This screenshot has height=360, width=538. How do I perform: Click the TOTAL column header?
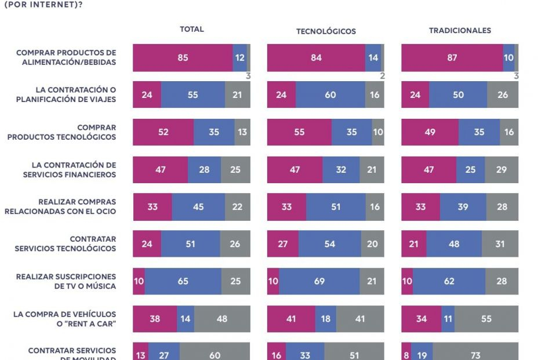tap(191, 29)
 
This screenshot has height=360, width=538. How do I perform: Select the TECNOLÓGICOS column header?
tap(326, 31)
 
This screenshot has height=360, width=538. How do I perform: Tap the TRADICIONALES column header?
tap(460, 30)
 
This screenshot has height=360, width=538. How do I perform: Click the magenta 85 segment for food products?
tap(183, 57)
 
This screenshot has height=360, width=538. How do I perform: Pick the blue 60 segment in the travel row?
tap(330, 94)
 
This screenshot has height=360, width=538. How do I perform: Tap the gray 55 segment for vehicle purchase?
tap(486, 318)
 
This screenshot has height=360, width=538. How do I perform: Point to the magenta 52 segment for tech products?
tap(163, 132)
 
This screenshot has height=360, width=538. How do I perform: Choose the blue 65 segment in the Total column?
tap(183, 281)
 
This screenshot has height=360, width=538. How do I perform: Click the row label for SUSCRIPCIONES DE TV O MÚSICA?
tap(66, 281)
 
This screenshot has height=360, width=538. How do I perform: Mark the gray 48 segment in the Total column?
tap(222, 318)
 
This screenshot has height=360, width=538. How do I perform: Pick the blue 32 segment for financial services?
tap(341, 169)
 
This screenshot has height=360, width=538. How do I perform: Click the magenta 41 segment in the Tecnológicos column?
tap(291, 318)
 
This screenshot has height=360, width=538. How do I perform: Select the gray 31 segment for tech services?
tap(500, 244)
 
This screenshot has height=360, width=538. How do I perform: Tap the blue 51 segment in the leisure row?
tap(336, 206)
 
